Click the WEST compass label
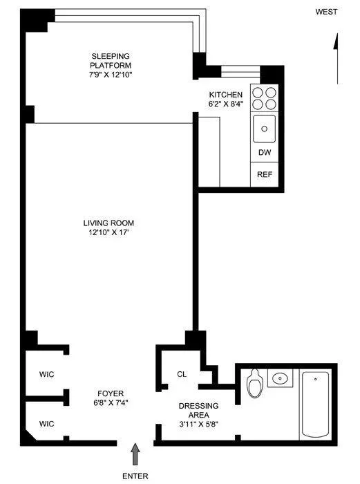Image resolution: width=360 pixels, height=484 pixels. [x=326, y=12]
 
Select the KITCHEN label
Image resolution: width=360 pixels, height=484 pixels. [x=226, y=95]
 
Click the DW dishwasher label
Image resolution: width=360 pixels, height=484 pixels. [x=264, y=153]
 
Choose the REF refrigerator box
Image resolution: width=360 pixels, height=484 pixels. [x=264, y=175]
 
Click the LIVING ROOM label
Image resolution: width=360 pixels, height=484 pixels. [x=108, y=223]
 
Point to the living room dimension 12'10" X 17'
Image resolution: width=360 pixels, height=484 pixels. [x=108, y=233]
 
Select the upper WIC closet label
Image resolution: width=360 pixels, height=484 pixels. [x=46, y=374]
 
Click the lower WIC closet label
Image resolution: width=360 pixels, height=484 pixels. [x=46, y=423]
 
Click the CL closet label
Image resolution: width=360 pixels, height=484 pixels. [x=181, y=374]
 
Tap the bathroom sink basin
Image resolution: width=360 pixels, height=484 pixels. [x=279, y=378]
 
